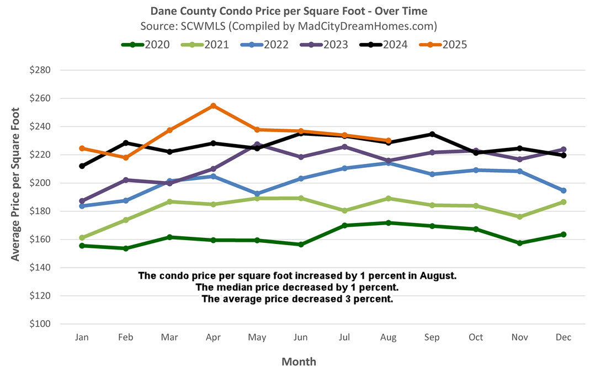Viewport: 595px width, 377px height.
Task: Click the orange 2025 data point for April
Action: click(213, 105)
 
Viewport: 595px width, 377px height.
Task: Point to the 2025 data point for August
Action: click(388, 141)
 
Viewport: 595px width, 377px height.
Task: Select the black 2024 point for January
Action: click(82, 166)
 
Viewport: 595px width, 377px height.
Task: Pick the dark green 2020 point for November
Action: click(519, 243)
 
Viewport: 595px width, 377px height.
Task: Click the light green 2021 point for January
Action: click(82, 238)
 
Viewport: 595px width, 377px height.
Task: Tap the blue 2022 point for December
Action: click(564, 190)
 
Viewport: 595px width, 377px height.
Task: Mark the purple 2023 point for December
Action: click(564, 150)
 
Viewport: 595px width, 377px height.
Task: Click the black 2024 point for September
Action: click(432, 134)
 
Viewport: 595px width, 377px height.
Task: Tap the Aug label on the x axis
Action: click(388, 337)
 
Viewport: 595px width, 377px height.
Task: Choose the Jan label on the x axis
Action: click(82, 337)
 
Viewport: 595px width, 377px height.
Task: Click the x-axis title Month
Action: click(299, 362)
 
